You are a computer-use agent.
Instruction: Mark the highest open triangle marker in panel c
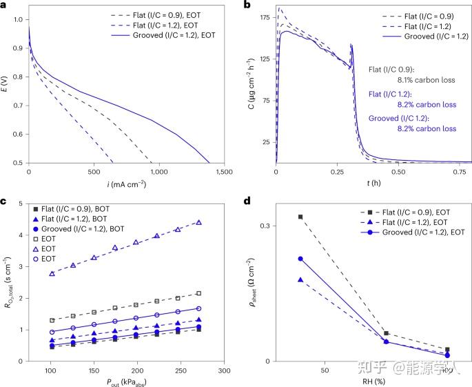click(x=198, y=222)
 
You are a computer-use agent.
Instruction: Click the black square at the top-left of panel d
click(x=300, y=217)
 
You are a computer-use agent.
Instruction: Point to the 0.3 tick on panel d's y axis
click(x=263, y=226)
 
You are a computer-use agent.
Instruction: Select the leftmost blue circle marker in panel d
click(x=300, y=259)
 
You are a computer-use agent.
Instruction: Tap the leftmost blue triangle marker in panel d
click(x=300, y=279)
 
